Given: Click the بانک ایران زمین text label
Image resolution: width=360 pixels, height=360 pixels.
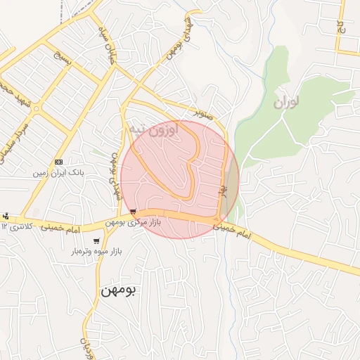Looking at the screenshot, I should click(58, 172).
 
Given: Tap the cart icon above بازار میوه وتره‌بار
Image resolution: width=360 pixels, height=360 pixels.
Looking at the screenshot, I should click(96, 241).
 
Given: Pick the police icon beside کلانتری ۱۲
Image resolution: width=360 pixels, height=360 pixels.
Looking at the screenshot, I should click(6, 215).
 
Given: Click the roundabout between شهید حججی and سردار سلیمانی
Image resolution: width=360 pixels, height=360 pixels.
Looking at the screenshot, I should click(36, 110).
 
